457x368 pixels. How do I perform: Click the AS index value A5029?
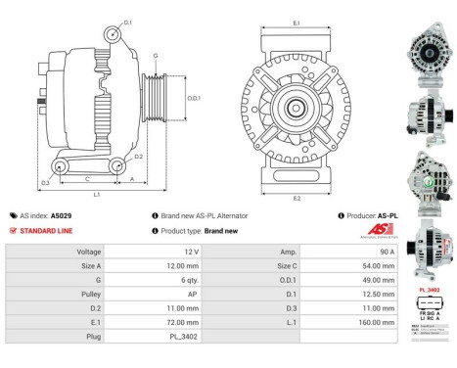(x=61, y=215)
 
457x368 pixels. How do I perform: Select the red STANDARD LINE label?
(x=45, y=230)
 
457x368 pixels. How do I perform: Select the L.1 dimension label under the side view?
(x=97, y=195)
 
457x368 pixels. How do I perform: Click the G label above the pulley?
(x=154, y=57)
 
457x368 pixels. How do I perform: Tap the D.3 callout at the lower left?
(x=45, y=183)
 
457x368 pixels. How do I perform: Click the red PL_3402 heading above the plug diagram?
(x=429, y=290)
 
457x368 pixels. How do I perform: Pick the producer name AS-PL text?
(x=388, y=215)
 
